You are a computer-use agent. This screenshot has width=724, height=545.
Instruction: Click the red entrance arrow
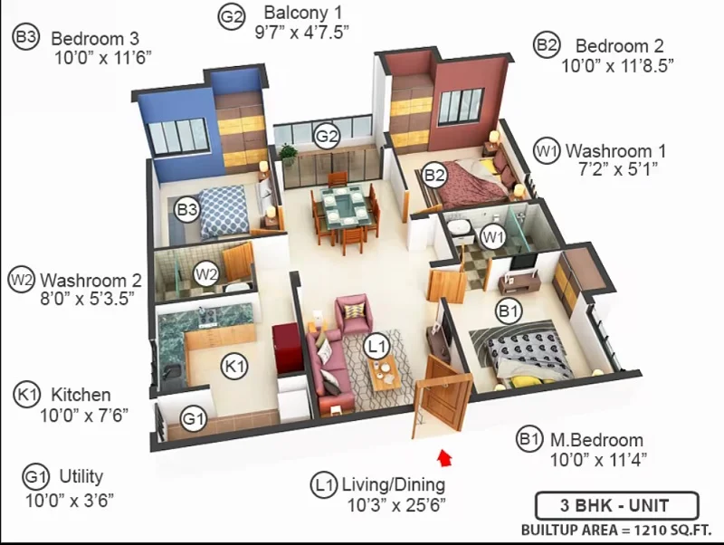(444, 458)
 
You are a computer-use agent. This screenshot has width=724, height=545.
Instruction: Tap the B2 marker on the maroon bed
(434, 175)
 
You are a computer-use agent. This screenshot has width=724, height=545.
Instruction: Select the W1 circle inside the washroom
(493, 237)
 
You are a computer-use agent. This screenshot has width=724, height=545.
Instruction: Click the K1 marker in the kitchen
(234, 367)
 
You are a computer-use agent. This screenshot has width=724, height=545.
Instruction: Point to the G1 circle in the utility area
(193, 419)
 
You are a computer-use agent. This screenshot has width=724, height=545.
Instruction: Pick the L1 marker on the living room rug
(376, 347)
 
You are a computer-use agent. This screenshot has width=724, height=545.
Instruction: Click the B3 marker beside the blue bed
(187, 210)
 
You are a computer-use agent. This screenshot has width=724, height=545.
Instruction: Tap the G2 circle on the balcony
(327, 137)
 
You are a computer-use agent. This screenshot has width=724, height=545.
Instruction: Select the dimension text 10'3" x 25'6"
(396, 505)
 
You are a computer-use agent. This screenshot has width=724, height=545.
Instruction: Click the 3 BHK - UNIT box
(616, 505)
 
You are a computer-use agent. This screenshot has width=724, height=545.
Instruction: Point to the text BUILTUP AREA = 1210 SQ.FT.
(616, 530)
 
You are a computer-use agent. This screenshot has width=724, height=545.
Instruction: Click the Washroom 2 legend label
(91, 281)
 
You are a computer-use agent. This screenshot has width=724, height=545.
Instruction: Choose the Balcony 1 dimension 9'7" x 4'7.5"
(301, 32)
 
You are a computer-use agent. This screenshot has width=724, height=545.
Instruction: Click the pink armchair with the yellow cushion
(354, 314)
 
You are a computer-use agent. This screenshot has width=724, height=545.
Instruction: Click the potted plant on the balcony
(288, 154)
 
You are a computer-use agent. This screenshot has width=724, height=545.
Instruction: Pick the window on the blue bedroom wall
(178, 136)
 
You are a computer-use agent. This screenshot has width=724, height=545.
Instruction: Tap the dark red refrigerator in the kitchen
(287, 349)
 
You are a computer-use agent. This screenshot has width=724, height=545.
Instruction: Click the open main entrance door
(442, 397)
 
